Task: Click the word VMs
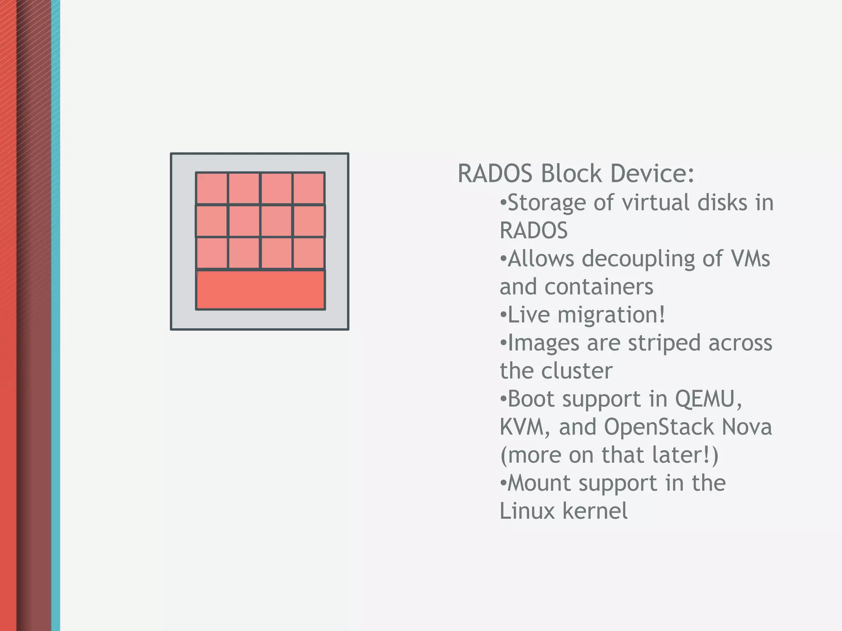click(750, 259)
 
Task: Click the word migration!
click(611, 315)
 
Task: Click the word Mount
click(539, 483)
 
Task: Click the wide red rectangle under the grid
click(260, 290)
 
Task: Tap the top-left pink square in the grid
click(211, 188)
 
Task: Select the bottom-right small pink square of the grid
click(309, 253)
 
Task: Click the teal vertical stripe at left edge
click(56, 315)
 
